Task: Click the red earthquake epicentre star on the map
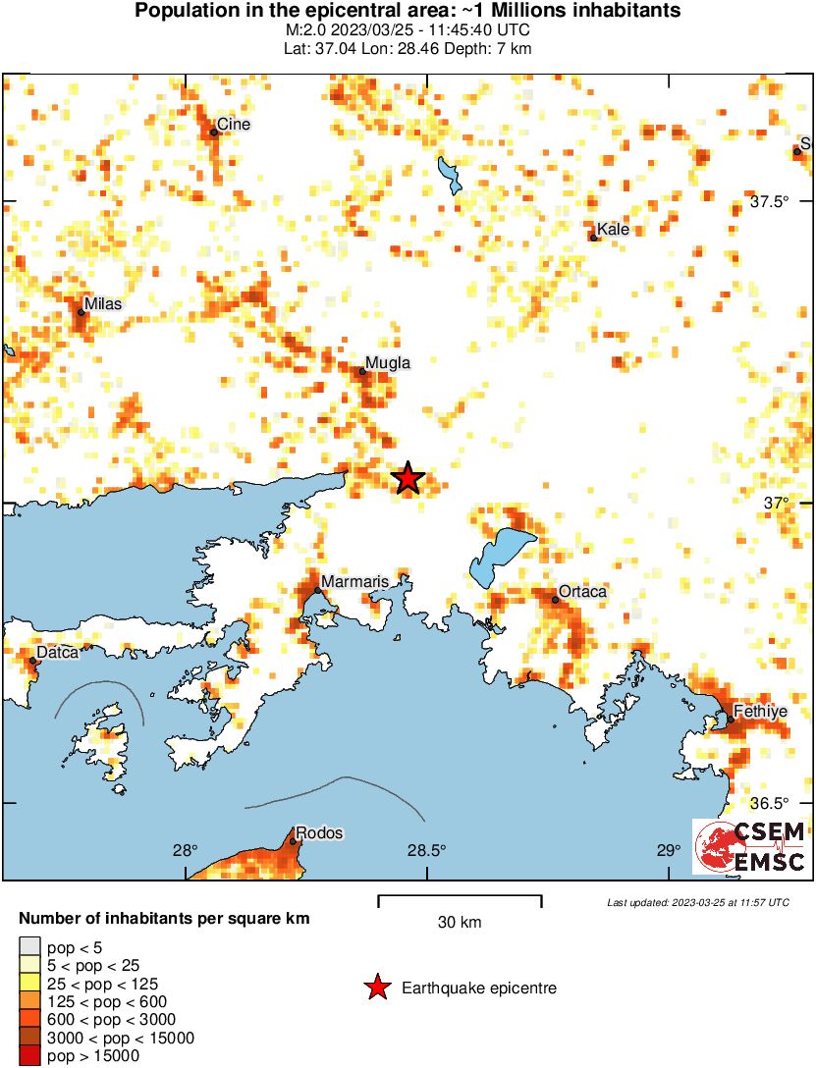(x=408, y=478)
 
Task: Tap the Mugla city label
(x=387, y=363)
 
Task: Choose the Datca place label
(x=57, y=652)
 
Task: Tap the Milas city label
(x=103, y=304)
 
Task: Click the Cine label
(x=234, y=125)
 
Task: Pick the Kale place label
(x=613, y=230)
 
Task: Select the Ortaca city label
(x=583, y=591)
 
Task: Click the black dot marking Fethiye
(x=731, y=721)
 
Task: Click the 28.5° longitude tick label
(x=427, y=850)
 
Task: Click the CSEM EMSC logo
(x=750, y=847)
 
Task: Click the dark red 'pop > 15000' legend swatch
(x=30, y=1056)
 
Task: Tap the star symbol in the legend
(x=377, y=988)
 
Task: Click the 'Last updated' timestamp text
(x=698, y=902)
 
